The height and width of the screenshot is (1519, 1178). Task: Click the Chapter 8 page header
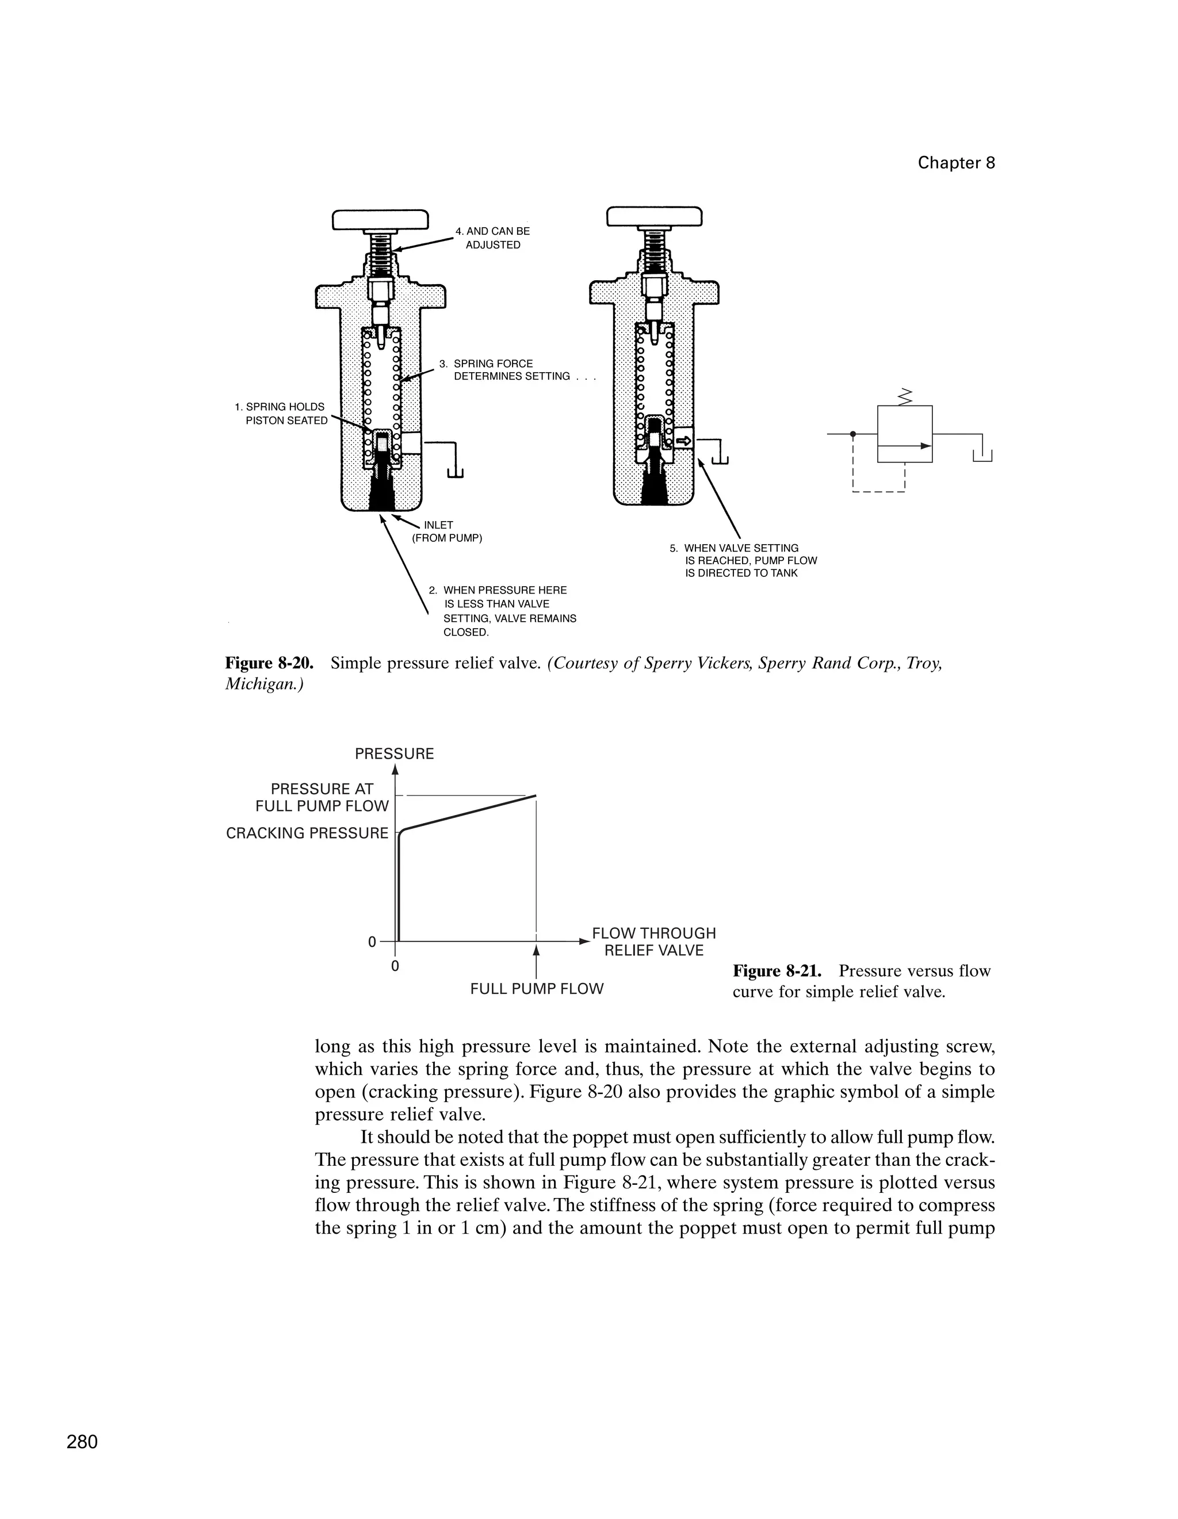[955, 163]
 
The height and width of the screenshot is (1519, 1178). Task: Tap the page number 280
[82, 1442]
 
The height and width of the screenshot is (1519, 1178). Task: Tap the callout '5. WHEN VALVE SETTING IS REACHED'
[743, 561]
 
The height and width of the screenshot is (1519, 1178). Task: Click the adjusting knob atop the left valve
[380, 220]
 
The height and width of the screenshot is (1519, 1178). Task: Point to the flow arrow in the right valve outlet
[683, 440]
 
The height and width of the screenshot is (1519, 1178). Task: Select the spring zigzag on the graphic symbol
[905, 397]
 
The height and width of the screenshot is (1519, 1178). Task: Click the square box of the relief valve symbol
[904, 433]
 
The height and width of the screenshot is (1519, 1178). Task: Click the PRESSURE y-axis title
[394, 754]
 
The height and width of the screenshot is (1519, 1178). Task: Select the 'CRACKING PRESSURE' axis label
[307, 833]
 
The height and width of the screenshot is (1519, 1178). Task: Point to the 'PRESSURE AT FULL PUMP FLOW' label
[322, 797]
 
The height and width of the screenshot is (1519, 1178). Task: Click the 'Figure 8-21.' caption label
[777, 971]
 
